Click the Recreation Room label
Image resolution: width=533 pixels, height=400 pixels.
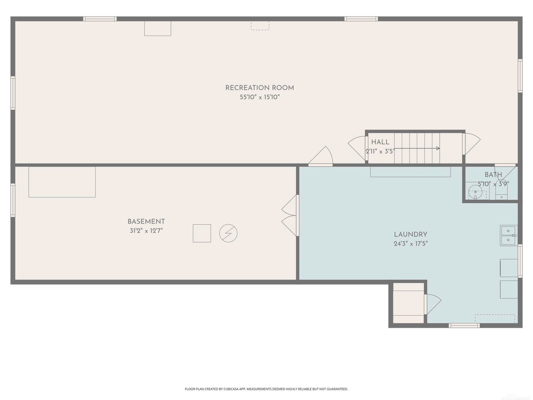[x=260, y=87]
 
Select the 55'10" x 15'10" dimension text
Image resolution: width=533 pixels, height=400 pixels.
[x=260, y=97]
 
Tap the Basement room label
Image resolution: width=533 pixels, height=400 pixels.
[x=146, y=221]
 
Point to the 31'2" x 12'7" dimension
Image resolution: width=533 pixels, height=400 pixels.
[x=146, y=231]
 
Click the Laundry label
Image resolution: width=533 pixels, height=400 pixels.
[x=411, y=234]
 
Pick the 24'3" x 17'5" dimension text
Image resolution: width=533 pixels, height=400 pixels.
[x=411, y=244]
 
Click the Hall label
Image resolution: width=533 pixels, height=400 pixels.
[x=380, y=142]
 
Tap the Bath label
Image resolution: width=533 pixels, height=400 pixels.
[x=493, y=175]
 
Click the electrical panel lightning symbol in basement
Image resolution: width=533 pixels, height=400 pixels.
[x=229, y=233]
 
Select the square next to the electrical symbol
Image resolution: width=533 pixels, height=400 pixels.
[x=202, y=233]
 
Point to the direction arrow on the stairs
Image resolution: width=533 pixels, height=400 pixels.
[x=417, y=148]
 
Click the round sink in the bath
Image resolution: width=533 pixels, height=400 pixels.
[x=475, y=192]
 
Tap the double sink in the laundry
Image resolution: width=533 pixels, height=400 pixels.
[x=509, y=235]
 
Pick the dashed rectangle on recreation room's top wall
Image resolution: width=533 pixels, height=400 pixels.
[x=260, y=26]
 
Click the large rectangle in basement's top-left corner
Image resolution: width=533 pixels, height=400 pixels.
[x=62, y=182]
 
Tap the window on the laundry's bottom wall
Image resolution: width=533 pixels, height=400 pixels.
[x=464, y=326]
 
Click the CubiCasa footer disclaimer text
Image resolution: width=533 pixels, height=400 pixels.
[x=266, y=389]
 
